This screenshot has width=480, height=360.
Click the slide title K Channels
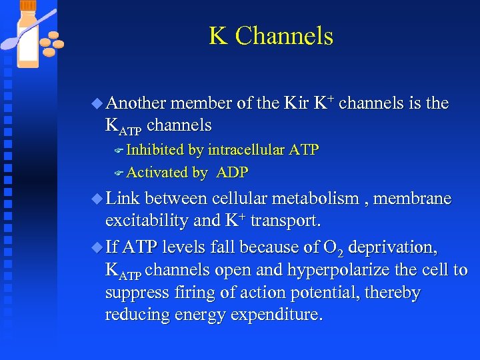coord(271,36)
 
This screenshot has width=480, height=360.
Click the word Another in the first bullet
coord(136,103)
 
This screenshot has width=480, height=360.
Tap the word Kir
coord(295,103)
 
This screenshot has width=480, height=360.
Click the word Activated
coord(157,173)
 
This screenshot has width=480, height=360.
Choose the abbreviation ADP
coord(233,173)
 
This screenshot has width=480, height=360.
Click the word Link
coord(123,199)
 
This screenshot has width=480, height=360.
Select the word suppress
coord(136,293)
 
